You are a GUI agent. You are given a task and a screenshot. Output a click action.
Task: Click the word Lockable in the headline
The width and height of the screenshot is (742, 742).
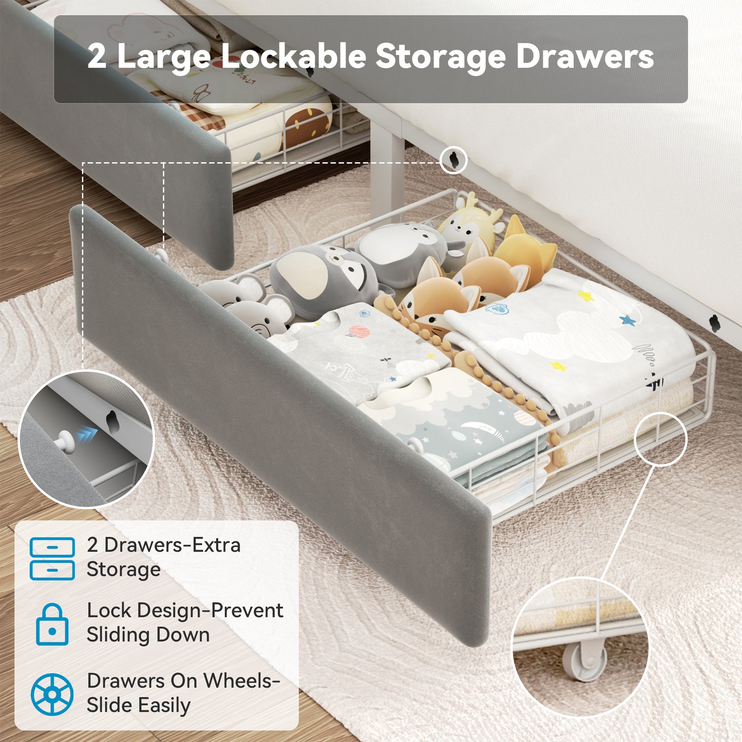click(x=293, y=57)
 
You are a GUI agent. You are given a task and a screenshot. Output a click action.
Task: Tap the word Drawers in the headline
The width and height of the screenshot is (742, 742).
click(x=585, y=57)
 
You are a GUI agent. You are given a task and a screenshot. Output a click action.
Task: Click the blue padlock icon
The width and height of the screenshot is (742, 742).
click(x=52, y=624)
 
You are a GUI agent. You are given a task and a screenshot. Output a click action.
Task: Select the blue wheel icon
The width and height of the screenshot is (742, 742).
click(x=52, y=694)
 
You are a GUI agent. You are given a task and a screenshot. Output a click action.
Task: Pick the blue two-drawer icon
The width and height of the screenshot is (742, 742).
click(x=52, y=559)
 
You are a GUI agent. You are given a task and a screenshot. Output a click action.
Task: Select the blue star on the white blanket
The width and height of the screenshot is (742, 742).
click(x=627, y=319)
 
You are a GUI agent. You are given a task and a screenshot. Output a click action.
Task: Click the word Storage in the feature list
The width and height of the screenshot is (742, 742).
click(x=124, y=569)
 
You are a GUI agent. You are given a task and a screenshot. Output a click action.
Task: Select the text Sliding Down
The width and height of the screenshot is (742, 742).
click(x=148, y=635)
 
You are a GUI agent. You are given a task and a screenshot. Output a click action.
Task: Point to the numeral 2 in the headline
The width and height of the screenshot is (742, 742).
click(x=97, y=57)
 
